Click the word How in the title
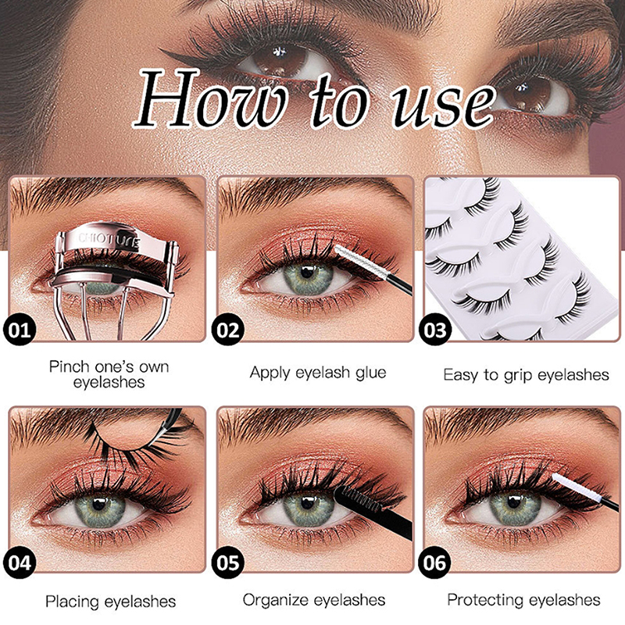point(210,98)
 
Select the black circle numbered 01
point(19,330)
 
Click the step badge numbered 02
point(227,330)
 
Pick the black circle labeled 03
point(435,330)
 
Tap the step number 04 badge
point(19,562)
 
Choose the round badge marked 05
point(227,562)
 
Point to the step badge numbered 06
point(435,562)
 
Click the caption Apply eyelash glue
point(318,373)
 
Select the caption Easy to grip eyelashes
point(526,375)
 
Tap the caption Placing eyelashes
point(110,602)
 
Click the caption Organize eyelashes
point(314,600)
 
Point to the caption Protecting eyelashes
point(523,600)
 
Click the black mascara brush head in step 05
point(353,499)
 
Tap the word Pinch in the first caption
point(70,366)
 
